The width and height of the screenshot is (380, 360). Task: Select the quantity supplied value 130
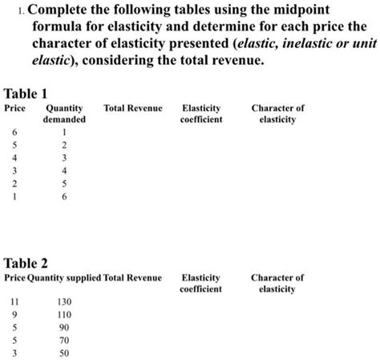tap(65, 301)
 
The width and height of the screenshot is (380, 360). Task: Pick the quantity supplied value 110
tap(65, 315)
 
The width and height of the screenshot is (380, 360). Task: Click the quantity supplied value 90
tap(65, 328)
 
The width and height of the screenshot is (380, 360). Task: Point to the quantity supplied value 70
tap(65, 341)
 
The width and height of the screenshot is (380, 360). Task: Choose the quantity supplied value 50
tap(65, 354)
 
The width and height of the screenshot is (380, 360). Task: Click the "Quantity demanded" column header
tap(65, 114)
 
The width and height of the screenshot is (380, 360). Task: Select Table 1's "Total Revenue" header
tap(133, 108)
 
